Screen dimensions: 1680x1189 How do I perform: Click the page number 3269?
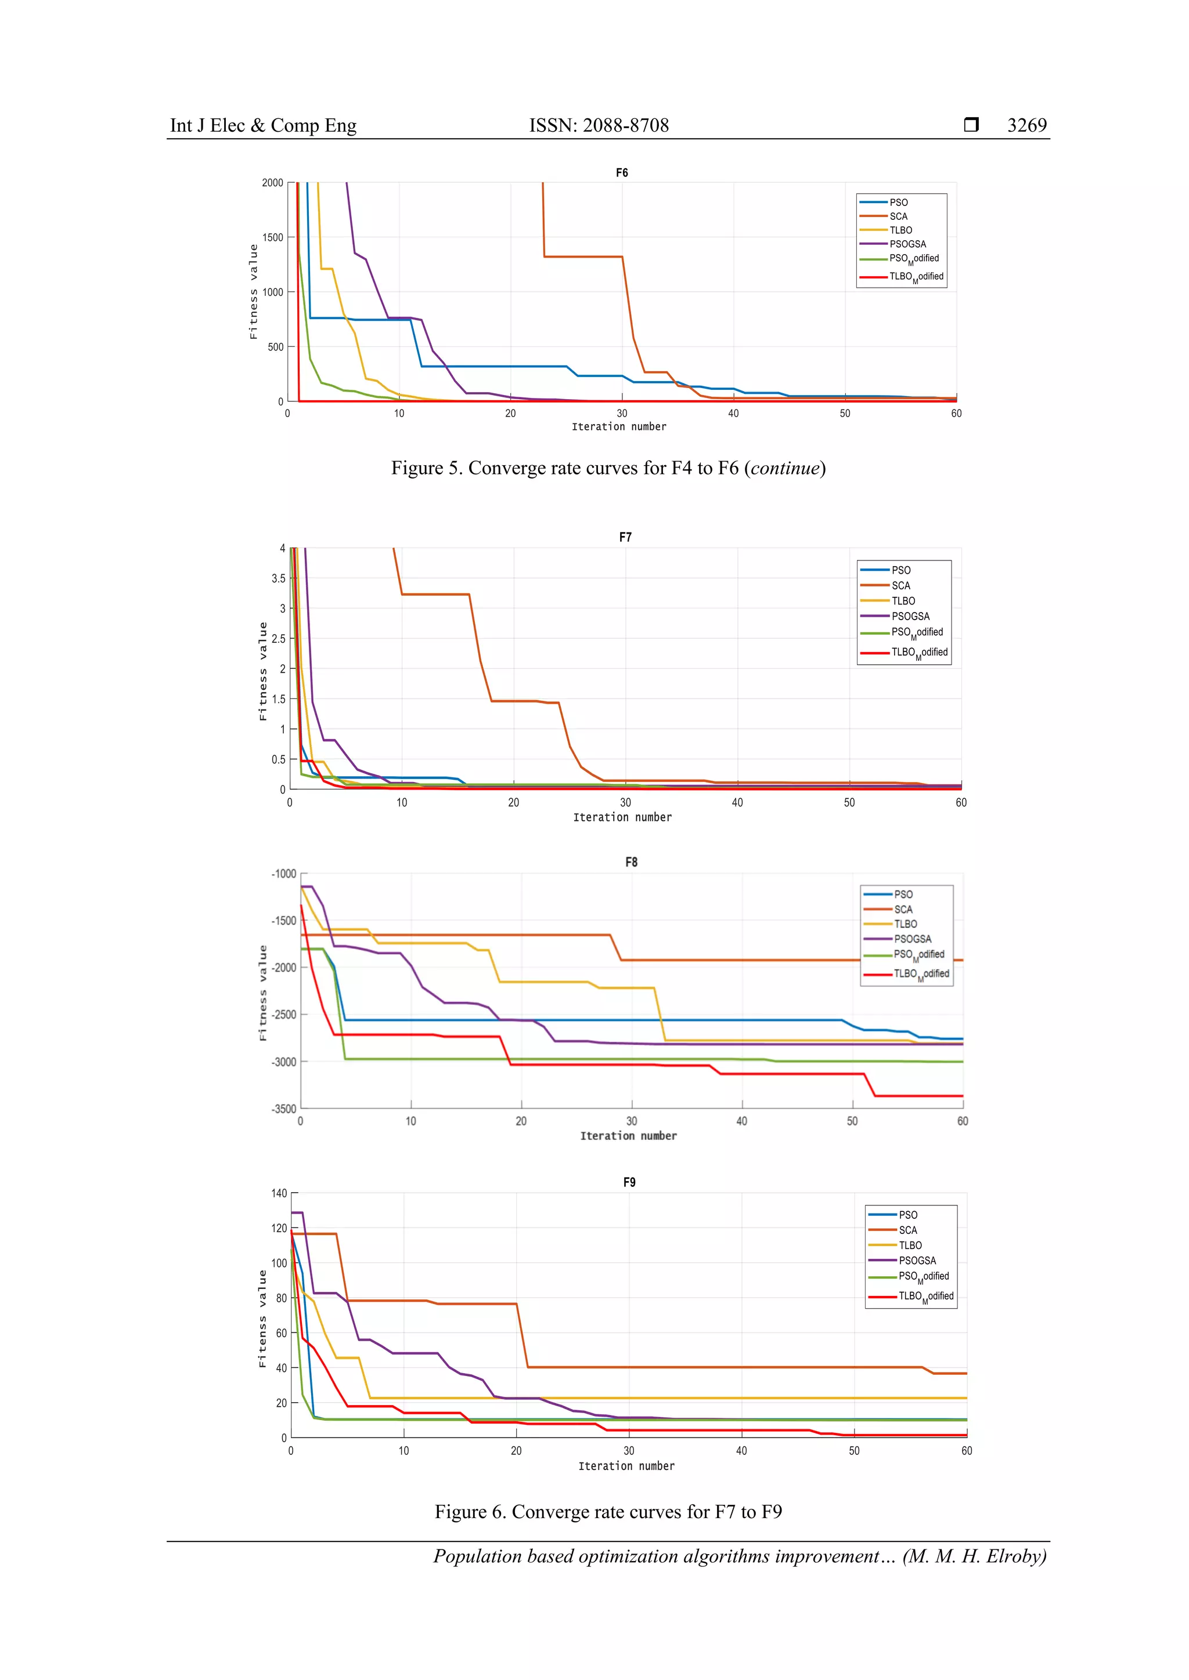coord(1026,125)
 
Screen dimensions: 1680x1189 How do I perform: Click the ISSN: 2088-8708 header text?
coord(599,125)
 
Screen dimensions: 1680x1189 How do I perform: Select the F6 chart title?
coord(622,173)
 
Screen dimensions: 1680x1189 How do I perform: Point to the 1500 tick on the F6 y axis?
coord(272,237)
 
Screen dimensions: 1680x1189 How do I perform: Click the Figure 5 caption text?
coord(608,468)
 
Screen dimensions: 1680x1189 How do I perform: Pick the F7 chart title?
coord(625,537)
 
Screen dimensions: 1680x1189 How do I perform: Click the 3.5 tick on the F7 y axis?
coord(278,578)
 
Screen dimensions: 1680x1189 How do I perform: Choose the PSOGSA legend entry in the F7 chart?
coord(910,616)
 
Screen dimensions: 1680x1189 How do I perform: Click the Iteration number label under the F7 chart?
coord(622,817)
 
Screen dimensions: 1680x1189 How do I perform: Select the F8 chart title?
coord(631,862)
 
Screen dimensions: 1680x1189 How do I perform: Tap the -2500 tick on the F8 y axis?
coord(284,1015)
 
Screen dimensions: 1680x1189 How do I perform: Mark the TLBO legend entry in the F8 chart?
coord(905,924)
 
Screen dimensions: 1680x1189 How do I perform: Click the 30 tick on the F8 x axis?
coord(631,1121)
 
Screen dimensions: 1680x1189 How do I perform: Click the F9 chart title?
coord(629,1182)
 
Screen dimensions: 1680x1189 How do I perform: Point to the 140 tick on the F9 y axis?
coord(279,1193)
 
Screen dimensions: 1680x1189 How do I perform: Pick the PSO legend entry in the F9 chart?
coord(908,1215)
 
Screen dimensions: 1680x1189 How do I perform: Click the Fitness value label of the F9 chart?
coord(262,1319)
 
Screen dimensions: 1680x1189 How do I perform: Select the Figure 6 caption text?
coord(608,1512)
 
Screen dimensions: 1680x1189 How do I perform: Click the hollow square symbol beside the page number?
coord(971,124)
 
